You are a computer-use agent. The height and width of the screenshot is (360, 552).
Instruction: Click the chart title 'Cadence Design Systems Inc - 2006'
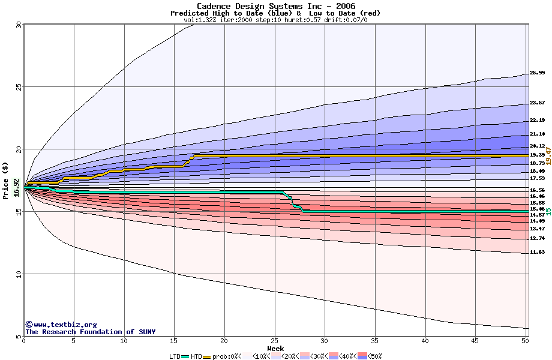[275, 6]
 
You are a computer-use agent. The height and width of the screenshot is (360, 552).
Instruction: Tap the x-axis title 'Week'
[275, 349]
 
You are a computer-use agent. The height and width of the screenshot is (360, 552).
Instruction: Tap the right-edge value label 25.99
[537, 73]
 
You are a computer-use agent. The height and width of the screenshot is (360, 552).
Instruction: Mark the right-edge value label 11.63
[537, 253]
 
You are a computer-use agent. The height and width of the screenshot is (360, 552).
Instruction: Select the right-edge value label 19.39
[537, 155]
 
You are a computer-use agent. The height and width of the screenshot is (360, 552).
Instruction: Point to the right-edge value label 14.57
[537, 215]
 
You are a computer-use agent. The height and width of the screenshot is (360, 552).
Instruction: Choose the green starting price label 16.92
[17, 187]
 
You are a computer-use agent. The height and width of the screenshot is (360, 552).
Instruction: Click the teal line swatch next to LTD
[185, 356]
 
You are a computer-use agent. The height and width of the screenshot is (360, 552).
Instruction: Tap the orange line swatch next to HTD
[208, 356]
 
